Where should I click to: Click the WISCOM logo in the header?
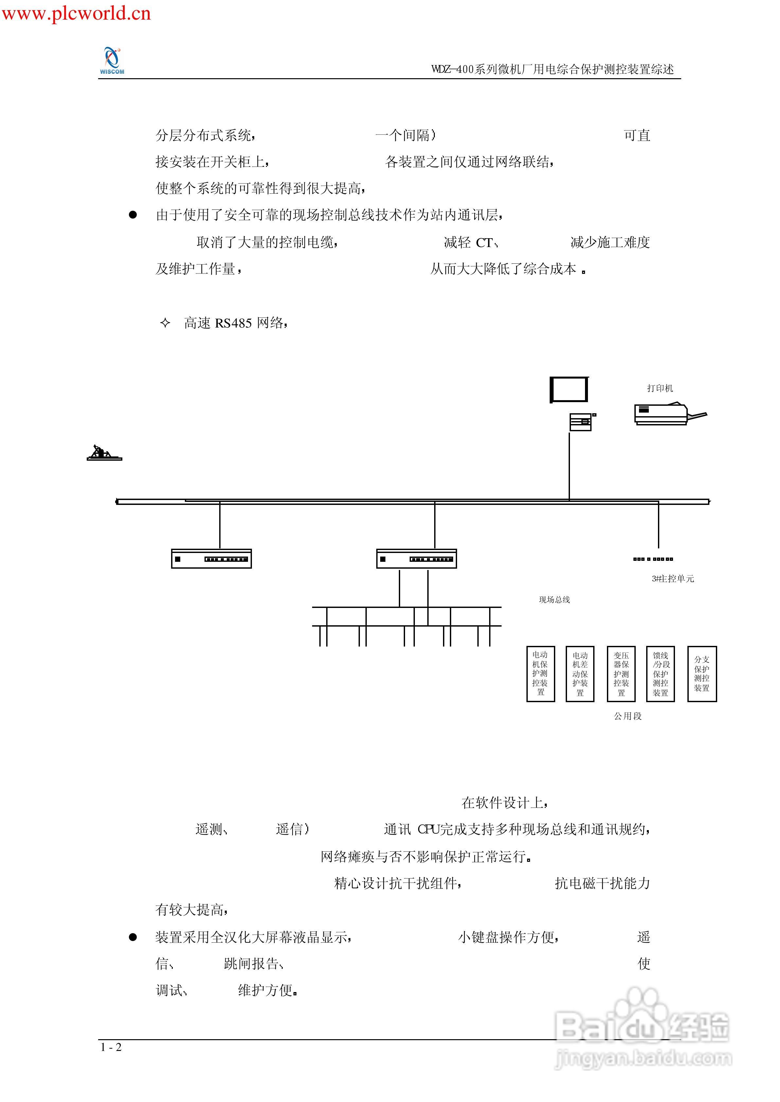tap(112, 61)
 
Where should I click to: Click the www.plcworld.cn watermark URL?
tap(76, 13)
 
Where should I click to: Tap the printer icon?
tap(665, 414)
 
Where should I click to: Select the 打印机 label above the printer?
tap(660, 388)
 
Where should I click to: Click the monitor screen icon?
tap(569, 389)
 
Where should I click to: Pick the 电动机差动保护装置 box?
tap(580, 674)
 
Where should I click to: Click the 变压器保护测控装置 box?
tap(621, 674)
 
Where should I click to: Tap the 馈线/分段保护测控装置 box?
tap(661, 674)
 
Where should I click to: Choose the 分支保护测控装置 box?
tap(702, 674)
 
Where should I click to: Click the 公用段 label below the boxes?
tap(628, 716)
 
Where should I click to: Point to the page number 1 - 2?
tap(111, 1047)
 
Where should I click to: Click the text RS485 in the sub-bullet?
tap(233, 323)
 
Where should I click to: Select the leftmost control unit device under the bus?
tap(211, 559)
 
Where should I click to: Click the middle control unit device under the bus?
tap(417, 559)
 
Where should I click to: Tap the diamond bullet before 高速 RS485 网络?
tap(165, 323)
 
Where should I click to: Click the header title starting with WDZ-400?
tap(552, 69)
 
